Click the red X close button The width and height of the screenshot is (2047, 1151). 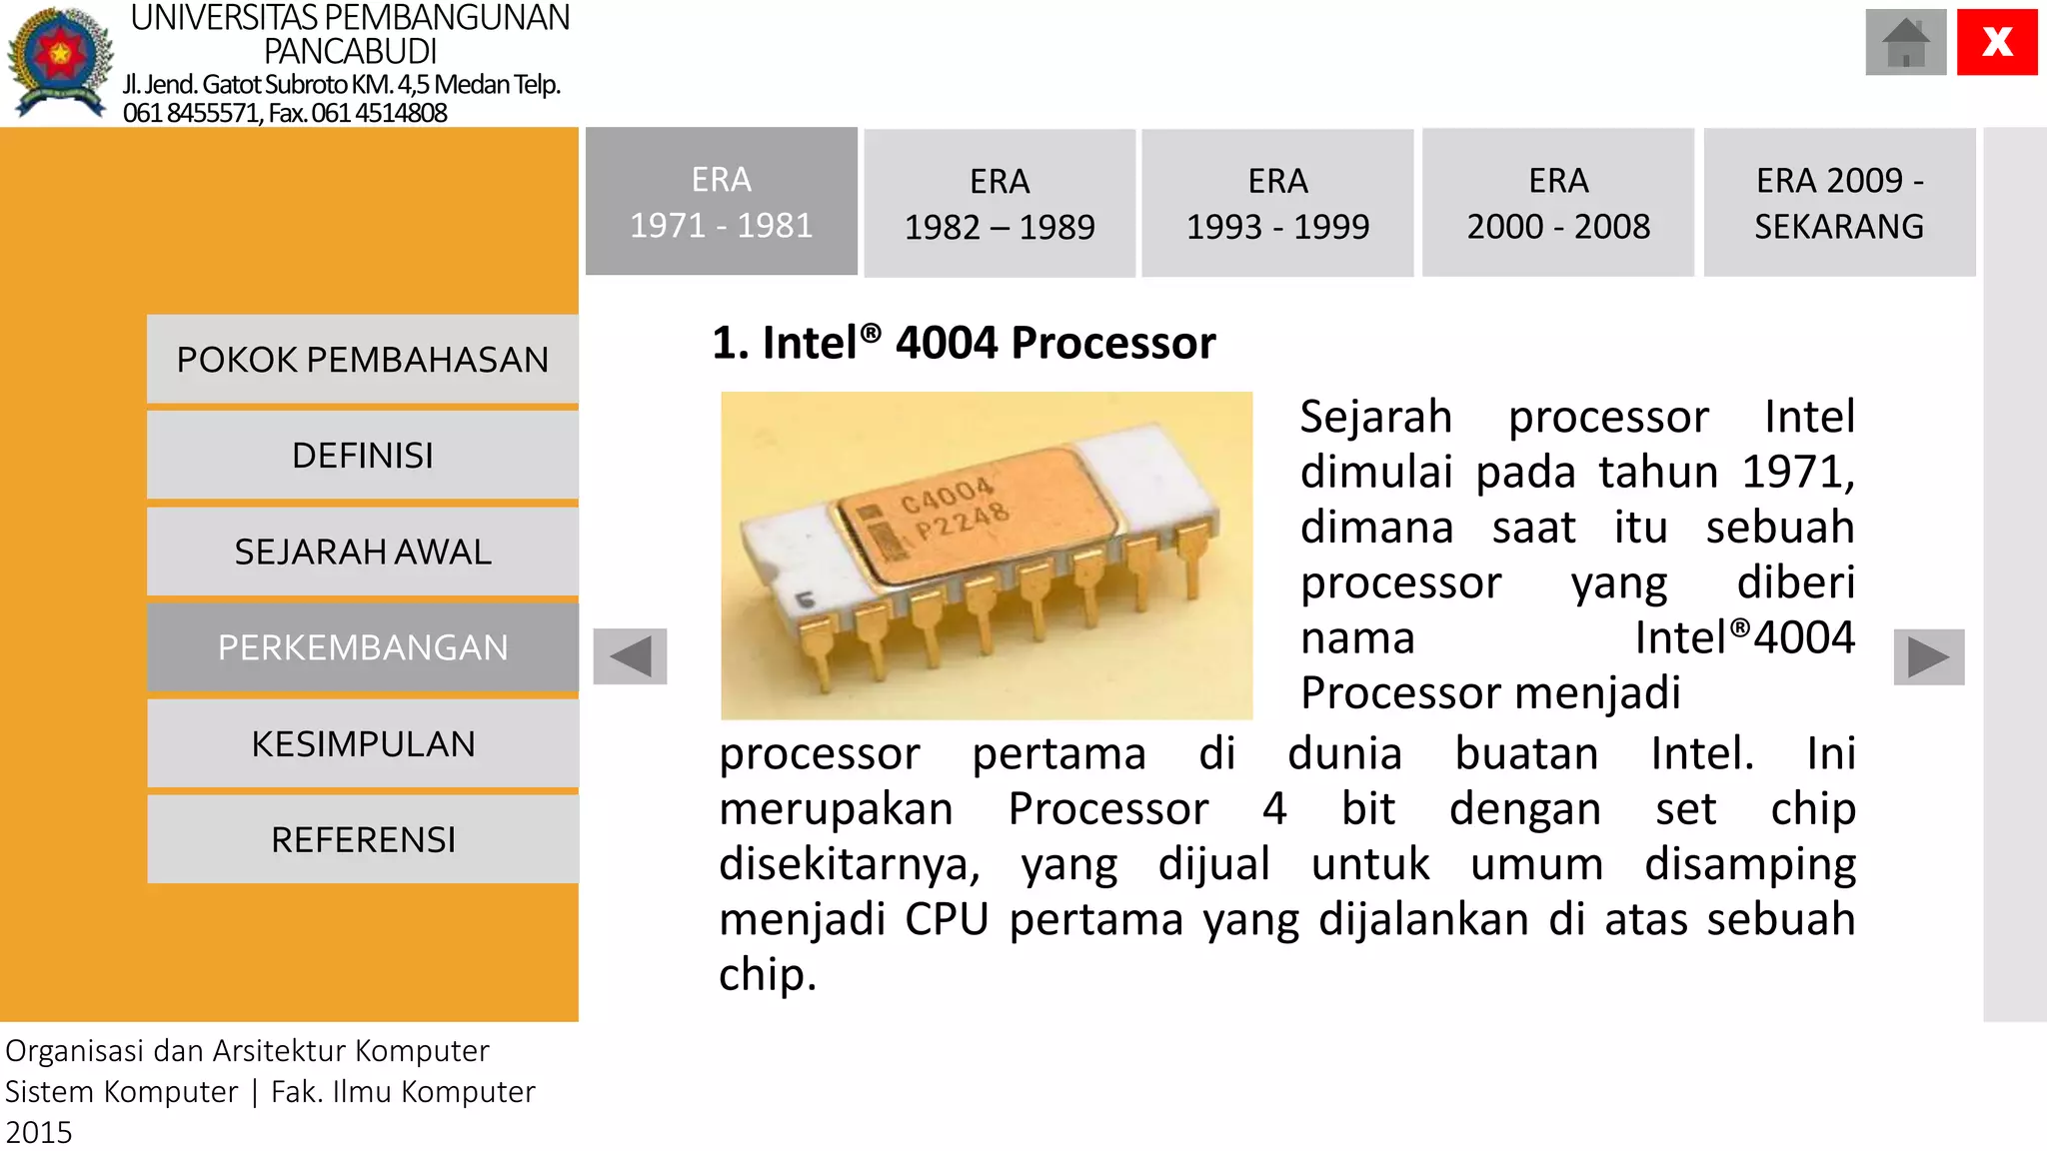(x=1996, y=42)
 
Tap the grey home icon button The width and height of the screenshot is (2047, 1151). (x=1905, y=42)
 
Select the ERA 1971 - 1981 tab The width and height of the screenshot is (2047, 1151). (x=721, y=202)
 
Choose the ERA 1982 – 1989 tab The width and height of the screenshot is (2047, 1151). (x=1000, y=204)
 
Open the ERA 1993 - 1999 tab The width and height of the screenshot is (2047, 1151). (x=1277, y=204)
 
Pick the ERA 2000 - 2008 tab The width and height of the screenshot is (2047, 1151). (x=1558, y=203)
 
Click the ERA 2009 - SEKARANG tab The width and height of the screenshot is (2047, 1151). (x=1839, y=203)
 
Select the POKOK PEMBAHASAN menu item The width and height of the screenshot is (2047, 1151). (x=363, y=360)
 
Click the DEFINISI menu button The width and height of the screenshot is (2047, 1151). (x=363, y=456)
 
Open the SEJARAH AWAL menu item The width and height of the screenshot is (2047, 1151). (x=363, y=552)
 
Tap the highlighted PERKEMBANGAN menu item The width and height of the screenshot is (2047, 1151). (x=363, y=647)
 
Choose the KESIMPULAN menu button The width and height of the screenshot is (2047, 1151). (x=363, y=744)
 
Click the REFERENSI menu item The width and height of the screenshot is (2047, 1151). (x=363, y=840)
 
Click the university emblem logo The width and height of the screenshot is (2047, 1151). (x=60, y=62)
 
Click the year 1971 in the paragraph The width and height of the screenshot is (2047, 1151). (x=1796, y=472)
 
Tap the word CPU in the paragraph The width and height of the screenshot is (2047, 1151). (x=946, y=919)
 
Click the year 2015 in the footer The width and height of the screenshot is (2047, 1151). (x=39, y=1132)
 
